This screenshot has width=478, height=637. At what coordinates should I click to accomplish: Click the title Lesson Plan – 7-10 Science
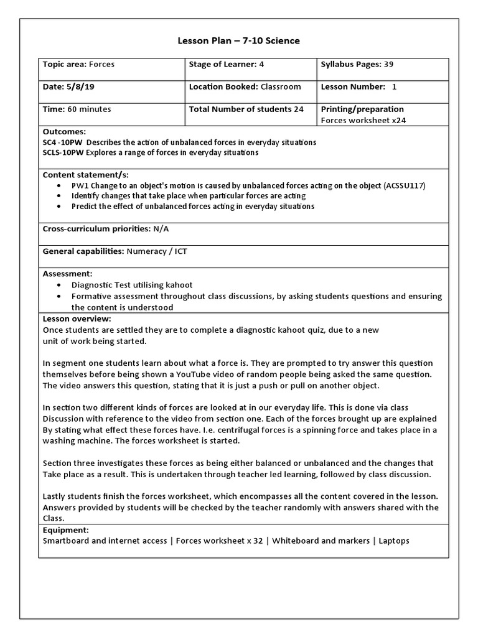point(238,41)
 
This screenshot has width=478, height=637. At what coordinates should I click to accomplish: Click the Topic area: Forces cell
point(78,64)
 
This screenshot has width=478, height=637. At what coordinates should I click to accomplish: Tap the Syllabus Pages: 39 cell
point(357,64)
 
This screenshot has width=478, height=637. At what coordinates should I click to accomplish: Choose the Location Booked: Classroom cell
point(245,87)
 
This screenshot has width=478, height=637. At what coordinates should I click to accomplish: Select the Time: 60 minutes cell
point(77,109)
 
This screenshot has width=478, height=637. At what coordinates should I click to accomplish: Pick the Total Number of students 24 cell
point(246,109)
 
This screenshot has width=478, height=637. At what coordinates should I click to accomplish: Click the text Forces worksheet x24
point(363,121)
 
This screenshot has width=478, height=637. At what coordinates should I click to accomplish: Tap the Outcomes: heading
point(64,132)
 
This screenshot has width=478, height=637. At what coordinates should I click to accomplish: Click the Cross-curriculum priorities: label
point(96,229)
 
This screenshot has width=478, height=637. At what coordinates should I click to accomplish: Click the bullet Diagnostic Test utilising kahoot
point(132,285)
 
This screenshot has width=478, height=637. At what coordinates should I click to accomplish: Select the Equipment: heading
point(65,530)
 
